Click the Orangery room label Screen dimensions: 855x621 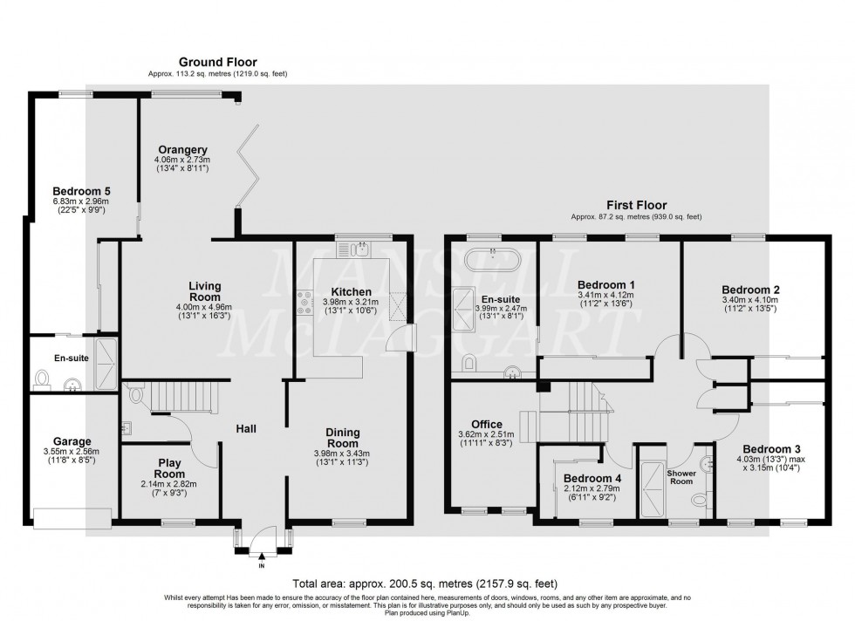(182, 150)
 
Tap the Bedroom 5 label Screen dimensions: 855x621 (81, 191)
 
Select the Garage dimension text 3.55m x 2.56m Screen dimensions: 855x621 (72, 452)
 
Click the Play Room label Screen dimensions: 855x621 (169, 468)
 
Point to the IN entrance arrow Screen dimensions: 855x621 (262, 556)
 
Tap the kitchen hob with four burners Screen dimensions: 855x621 (304, 304)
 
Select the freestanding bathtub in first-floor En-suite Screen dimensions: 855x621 (492, 261)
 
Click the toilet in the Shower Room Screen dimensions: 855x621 (699, 499)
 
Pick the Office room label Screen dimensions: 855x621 (487, 424)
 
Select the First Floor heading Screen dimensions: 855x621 (636, 206)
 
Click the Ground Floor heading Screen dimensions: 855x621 (217, 62)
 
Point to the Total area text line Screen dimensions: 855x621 (426, 583)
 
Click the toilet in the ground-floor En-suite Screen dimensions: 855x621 (42, 378)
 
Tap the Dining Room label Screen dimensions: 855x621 (342, 438)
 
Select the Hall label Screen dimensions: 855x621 (246, 429)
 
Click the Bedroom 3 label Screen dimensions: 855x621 (771, 449)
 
